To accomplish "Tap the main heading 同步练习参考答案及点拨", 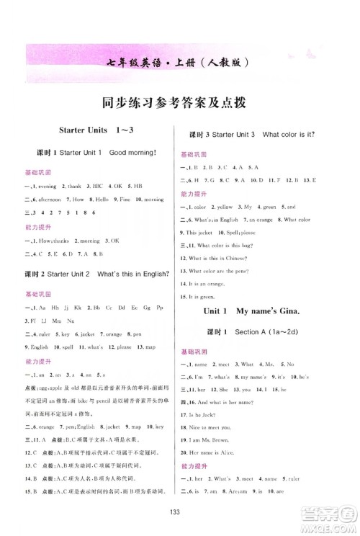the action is (x=179, y=102).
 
